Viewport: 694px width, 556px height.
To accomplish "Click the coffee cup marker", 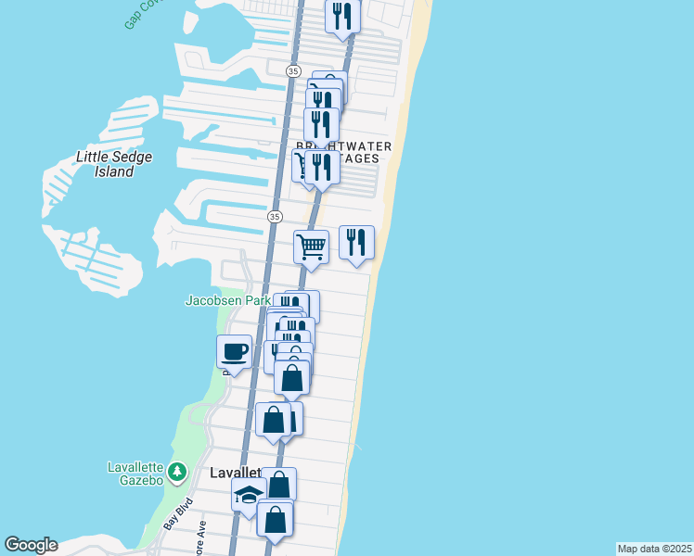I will click(x=234, y=352).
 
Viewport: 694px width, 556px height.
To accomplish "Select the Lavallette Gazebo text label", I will click(x=135, y=473).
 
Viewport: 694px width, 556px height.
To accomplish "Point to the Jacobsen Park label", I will click(x=227, y=300).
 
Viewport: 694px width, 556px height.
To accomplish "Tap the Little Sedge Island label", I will click(x=114, y=164).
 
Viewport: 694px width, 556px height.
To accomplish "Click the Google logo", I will click(x=31, y=545).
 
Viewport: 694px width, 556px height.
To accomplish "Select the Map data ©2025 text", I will click(x=654, y=549).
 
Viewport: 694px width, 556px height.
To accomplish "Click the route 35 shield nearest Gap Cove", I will click(x=293, y=70).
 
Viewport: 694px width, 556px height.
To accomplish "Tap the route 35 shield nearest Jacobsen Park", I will click(x=274, y=216).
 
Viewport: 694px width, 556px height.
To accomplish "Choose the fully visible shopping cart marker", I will click(x=311, y=246).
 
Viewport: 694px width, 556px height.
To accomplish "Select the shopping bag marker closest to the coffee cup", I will click(x=274, y=419).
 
